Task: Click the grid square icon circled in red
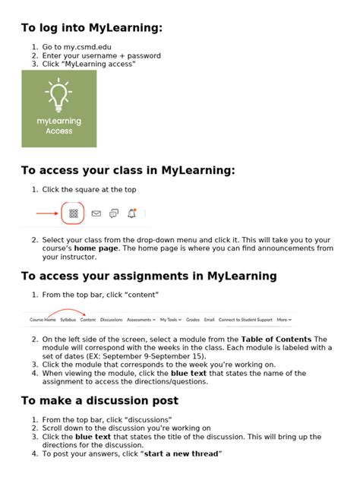pos(74,213)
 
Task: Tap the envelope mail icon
pos(96,213)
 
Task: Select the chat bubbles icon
pos(114,213)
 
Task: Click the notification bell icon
pos(131,213)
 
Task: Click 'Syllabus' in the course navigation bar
pos(68,320)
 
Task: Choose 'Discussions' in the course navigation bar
pos(111,320)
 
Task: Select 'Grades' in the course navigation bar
pos(193,320)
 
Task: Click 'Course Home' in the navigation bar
pos(43,320)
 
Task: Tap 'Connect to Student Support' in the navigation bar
pos(245,320)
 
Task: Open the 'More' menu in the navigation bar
pos(284,320)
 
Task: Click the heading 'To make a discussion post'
pos(99,400)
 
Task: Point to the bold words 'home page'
pos(96,248)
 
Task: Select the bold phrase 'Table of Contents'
pos(276,339)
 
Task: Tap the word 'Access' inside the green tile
pos(58,131)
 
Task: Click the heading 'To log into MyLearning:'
pos(91,28)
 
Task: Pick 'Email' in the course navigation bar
pos(210,320)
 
